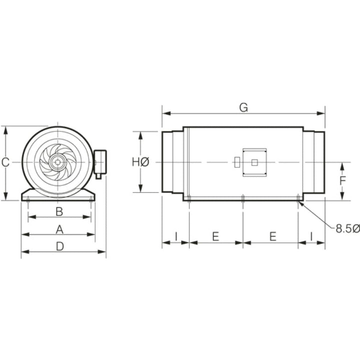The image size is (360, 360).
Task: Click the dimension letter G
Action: tap(243, 107)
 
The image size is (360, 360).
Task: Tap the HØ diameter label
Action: tap(140, 162)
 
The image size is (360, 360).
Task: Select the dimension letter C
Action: tap(5, 162)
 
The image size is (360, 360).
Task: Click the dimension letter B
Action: tap(59, 211)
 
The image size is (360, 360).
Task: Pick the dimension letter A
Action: tap(59, 229)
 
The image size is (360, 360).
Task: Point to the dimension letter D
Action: tap(59, 246)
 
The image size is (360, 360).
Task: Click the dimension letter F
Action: tap(343, 180)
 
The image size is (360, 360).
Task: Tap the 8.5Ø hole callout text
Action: tap(347, 228)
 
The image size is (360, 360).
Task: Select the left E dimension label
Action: tap(215, 236)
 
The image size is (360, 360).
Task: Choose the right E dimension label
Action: tap(273, 236)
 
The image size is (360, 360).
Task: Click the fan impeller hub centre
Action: tap(58, 162)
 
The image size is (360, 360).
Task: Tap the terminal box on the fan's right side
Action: tap(100, 162)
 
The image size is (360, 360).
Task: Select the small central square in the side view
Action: tap(254, 162)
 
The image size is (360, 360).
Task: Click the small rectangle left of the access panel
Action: tap(236, 162)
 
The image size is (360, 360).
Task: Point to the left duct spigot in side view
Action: tap(172, 162)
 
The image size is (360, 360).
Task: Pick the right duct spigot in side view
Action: tap(314, 162)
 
